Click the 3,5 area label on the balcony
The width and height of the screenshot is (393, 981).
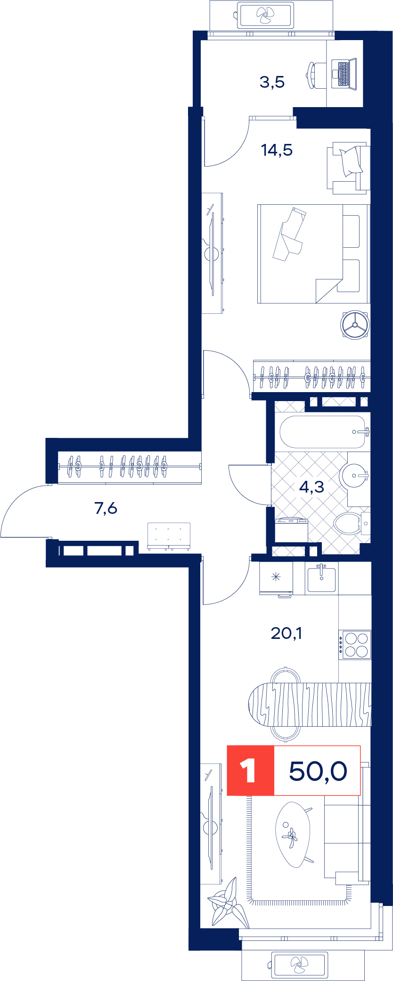272,82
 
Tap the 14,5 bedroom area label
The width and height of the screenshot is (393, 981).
277,150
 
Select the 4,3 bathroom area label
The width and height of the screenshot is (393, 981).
311,486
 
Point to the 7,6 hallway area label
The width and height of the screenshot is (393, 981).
106,508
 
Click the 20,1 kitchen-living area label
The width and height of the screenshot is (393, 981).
286,633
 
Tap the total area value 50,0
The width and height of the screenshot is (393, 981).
318,771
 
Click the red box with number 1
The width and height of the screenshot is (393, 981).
250,771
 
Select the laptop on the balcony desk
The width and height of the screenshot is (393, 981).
344,73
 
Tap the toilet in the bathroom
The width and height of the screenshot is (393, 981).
352,523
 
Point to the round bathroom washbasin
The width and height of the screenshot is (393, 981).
354,474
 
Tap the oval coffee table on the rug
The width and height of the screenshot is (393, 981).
294,835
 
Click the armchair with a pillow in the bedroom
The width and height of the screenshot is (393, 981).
348,168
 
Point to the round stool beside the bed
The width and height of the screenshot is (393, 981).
355,325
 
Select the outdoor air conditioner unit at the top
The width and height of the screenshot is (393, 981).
266,15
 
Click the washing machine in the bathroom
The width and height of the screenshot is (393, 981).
291,531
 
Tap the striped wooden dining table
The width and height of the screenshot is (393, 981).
310,704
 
